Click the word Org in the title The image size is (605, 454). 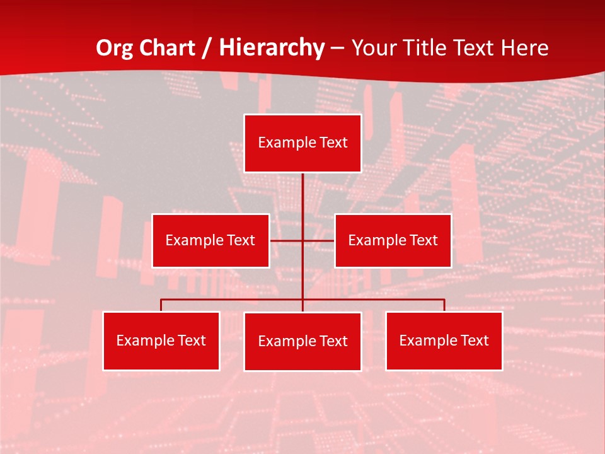tap(115, 49)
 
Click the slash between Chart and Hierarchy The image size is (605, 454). tap(205, 49)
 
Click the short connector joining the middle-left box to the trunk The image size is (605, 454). tap(285, 240)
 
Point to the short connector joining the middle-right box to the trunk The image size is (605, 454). tap(319, 240)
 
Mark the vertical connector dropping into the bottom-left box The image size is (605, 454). tap(161, 305)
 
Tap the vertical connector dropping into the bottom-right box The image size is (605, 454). tap(444, 305)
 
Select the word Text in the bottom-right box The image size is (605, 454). tap(475, 340)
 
